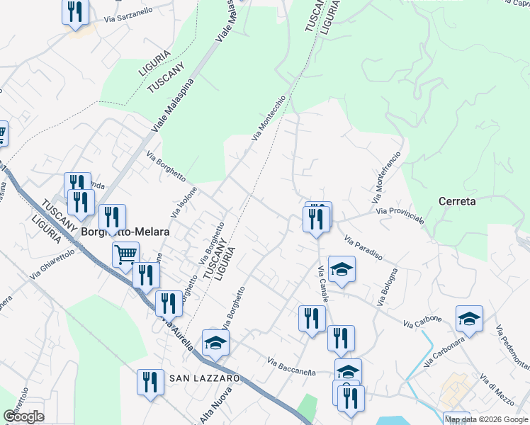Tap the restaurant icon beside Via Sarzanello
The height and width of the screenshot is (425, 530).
(74, 13)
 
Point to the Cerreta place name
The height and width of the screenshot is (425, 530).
(457, 201)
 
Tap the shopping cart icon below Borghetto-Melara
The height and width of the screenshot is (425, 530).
(125, 254)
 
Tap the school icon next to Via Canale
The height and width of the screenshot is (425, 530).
(342, 269)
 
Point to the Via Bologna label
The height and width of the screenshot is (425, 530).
(388, 287)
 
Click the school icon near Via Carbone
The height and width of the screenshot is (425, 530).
(469, 319)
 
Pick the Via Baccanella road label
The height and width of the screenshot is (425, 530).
(291, 367)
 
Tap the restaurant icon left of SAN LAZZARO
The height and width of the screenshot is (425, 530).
(150, 383)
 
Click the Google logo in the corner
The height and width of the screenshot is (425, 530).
(23, 416)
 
